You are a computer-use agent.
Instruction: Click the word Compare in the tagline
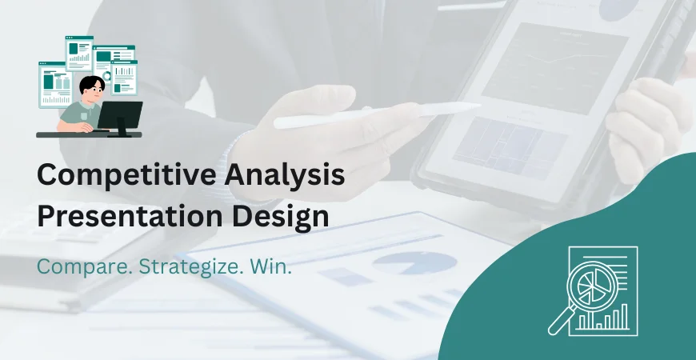click(x=74, y=266)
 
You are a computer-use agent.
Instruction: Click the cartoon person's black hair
click(x=91, y=82)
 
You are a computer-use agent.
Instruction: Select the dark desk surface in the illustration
click(x=88, y=134)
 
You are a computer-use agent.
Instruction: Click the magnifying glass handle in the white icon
click(x=561, y=319)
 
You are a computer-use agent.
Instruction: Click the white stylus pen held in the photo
click(x=376, y=115)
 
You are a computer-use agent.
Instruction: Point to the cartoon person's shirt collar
click(x=84, y=104)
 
